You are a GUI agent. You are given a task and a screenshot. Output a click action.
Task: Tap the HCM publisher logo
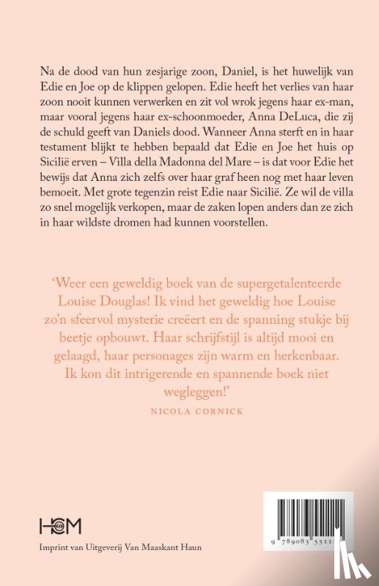(61, 525)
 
